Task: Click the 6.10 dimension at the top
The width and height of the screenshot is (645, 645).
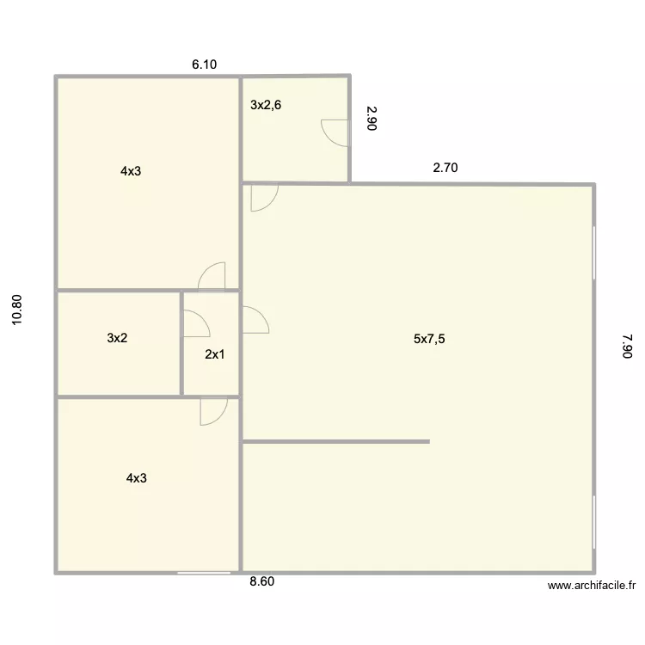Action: (x=205, y=64)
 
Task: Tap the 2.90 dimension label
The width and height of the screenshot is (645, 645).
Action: (x=372, y=119)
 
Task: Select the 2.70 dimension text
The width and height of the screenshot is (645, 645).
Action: (x=445, y=168)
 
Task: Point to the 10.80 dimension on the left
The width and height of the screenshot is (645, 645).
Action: (x=17, y=310)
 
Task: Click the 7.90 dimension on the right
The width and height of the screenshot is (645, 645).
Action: (x=627, y=347)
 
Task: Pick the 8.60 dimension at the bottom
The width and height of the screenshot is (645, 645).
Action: (x=262, y=581)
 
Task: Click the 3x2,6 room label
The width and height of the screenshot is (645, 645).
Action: (x=266, y=105)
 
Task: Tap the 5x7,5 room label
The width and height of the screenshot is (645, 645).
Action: (x=429, y=339)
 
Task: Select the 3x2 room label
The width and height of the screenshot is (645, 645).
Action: (x=117, y=338)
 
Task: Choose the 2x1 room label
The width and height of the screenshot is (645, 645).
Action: (x=215, y=354)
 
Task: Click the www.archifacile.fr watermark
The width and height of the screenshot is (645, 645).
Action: (x=592, y=586)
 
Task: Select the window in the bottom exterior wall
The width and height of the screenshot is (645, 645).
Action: (x=204, y=573)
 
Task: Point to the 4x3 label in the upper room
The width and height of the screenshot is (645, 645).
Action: (x=131, y=171)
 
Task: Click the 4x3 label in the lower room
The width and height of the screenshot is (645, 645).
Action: (x=137, y=478)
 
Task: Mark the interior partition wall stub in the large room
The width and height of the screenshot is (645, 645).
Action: (x=336, y=442)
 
